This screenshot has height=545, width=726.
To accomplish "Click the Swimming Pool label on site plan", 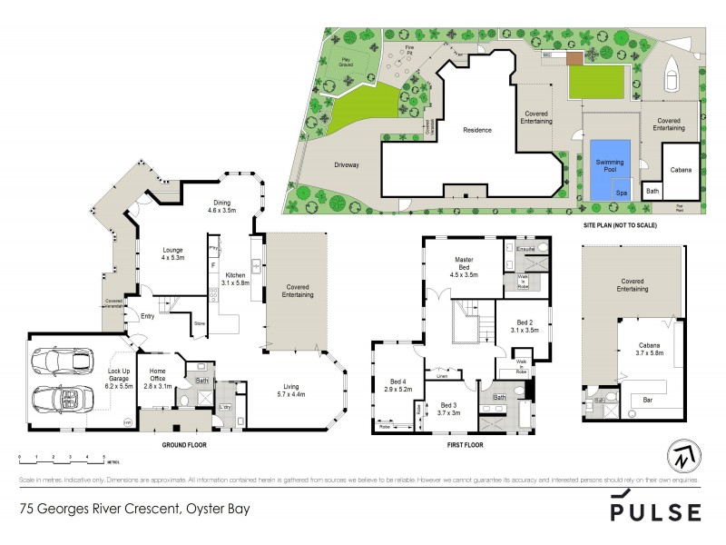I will tap(610, 164).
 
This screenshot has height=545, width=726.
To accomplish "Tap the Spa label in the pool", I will tap(622, 193).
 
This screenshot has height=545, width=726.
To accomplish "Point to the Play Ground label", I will tap(348, 64).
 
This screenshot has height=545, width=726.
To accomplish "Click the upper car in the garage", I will tap(59, 361).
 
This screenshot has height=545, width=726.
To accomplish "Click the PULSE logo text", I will tap(655, 511).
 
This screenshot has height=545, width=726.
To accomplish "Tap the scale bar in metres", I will tap(62, 458).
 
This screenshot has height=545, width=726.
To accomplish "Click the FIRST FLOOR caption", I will tap(466, 445).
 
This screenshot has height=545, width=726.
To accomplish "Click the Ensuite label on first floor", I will tap(525, 246).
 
